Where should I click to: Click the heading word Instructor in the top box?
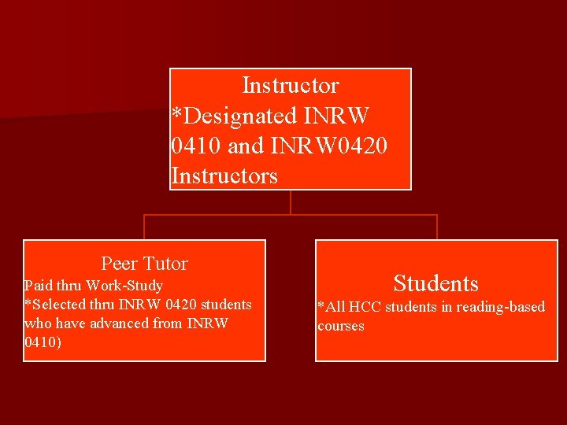(290, 85)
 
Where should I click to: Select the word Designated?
(235, 116)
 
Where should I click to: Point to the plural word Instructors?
(224, 176)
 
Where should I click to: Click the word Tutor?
(165, 264)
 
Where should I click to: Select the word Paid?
(38, 286)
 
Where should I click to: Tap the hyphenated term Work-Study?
(124, 286)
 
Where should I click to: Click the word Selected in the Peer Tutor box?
(55, 305)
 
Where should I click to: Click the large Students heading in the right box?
(435, 283)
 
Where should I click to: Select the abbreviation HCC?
(365, 307)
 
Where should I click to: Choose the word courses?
(341, 326)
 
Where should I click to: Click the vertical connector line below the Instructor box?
(291, 202)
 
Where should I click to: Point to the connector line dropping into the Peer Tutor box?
(144, 227)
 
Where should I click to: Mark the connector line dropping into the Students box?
(436, 227)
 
